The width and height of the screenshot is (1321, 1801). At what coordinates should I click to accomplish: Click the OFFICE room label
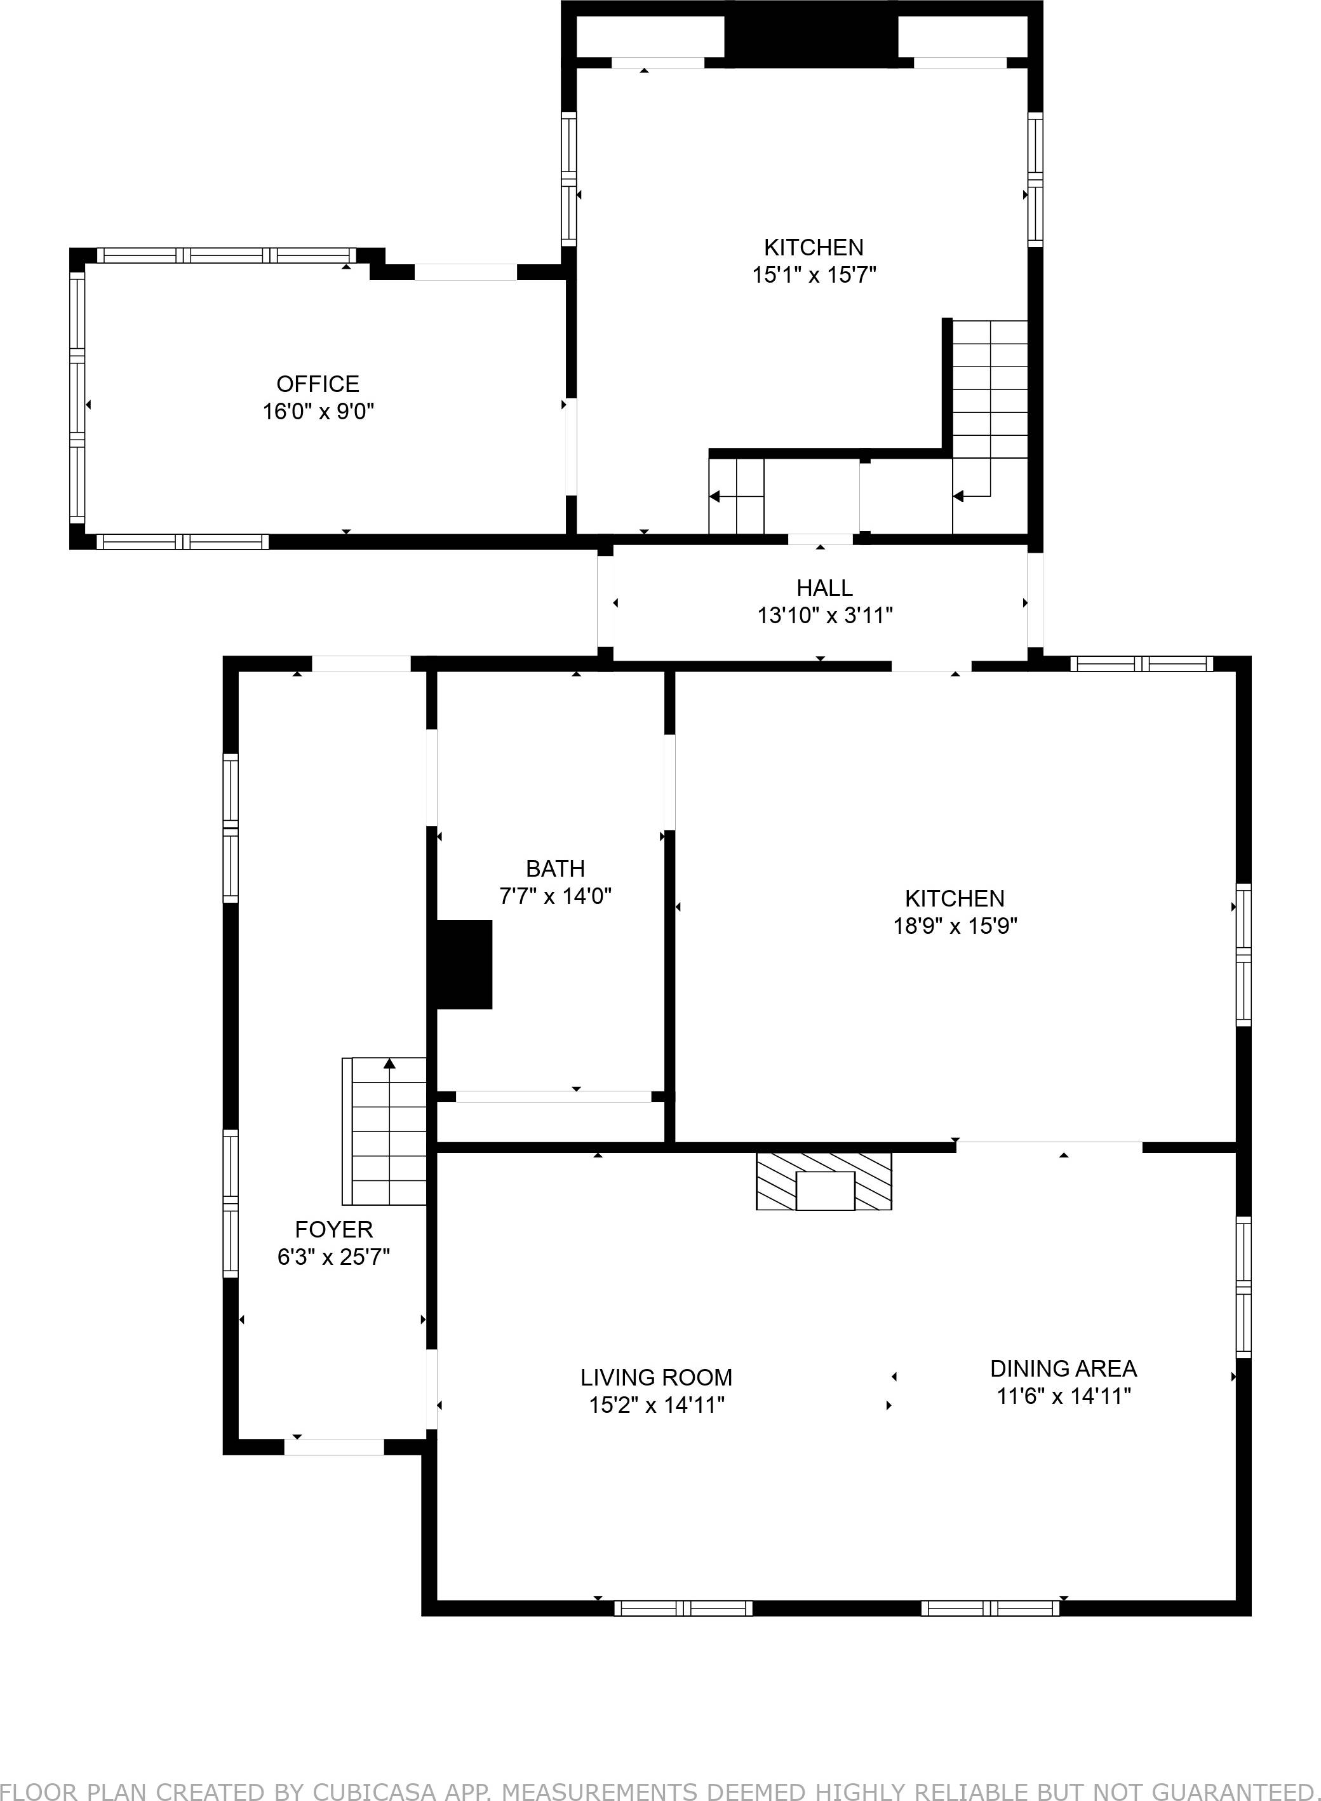(x=318, y=384)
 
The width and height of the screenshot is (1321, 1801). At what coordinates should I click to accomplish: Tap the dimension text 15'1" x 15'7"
(x=814, y=275)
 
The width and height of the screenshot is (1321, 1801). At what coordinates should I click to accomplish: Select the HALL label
(x=824, y=588)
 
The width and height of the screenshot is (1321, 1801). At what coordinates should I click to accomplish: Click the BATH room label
(x=555, y=868)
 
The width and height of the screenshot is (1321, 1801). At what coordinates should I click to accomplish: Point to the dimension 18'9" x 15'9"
(x=955, y=926)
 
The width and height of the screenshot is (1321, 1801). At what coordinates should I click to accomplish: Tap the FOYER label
(x=333, y=1229)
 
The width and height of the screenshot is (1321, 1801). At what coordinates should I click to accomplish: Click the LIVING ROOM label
(x=657, y=1377)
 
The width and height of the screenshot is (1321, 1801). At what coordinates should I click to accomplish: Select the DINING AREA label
(x=1064, y=1368)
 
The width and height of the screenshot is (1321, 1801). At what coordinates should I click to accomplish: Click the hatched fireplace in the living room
(x=824, y=1180)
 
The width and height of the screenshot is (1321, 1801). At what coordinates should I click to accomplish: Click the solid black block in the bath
(x=463, y=964)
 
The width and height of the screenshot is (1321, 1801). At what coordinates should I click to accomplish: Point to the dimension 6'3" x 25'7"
(x=333, y=1257)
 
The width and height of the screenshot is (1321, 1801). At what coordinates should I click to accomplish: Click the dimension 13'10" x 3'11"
(x=824, y=616)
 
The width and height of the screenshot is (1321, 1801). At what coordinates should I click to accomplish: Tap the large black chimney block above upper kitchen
(x=811, y=34)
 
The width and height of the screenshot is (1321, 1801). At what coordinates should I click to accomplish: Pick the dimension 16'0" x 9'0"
(x=318, y=412)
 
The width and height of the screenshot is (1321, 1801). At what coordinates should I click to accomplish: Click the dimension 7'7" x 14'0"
(x=555, y=896)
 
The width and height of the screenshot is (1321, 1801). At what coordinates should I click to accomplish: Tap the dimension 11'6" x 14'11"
(x=1064, y=1396)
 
